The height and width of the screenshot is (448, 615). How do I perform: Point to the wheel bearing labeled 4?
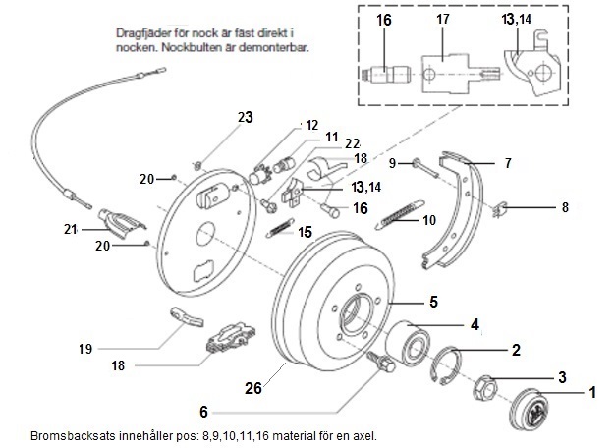(407, 340)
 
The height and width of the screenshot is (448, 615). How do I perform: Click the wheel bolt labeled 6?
(380, 362)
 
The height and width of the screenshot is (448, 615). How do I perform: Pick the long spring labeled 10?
(400, 215)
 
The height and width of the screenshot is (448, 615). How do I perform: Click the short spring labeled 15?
(280, 228)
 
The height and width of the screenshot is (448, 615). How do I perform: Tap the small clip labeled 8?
(500, 209)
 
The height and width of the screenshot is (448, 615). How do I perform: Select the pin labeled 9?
(425, 168)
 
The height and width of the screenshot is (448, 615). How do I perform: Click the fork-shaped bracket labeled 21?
(122, 224)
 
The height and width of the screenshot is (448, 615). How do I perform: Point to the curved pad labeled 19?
(188, 317)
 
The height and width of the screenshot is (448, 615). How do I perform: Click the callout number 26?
(253, 388)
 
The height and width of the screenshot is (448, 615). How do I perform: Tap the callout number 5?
(433, 302)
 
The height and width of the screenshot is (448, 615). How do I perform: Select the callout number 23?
(246, 117)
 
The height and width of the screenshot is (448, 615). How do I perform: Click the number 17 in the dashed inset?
(443, 19)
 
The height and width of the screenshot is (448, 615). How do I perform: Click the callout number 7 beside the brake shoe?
(508, 163)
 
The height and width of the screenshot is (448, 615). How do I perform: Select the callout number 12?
(311, 125)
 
